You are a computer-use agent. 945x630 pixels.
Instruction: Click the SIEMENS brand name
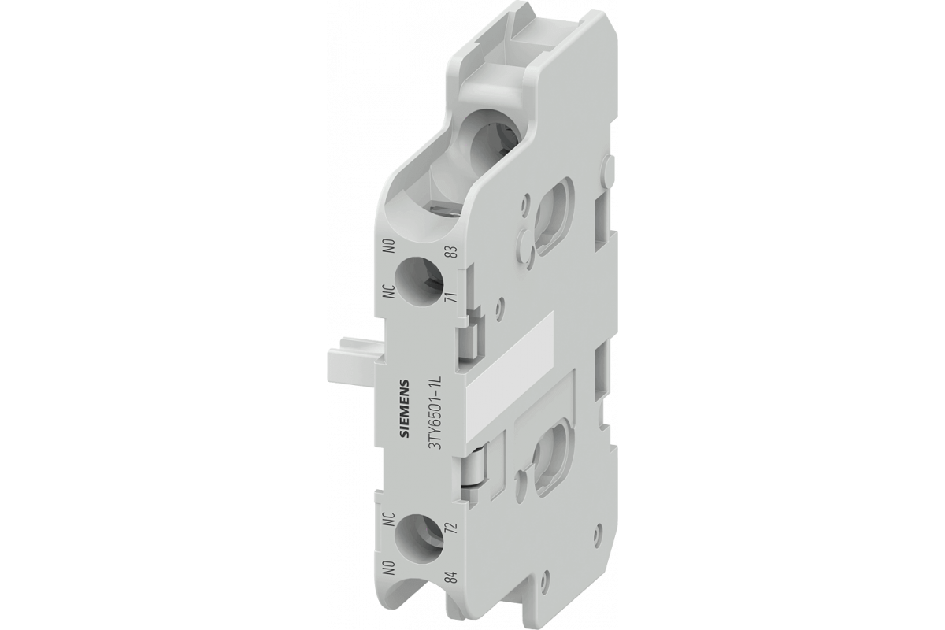coord(404,410)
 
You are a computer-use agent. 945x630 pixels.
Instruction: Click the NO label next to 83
coord(388,246)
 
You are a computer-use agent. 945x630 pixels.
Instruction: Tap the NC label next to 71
coord(389,291)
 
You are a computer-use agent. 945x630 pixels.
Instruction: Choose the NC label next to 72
coord(388,520)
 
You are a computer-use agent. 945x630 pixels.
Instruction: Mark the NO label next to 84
coord(388,568)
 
